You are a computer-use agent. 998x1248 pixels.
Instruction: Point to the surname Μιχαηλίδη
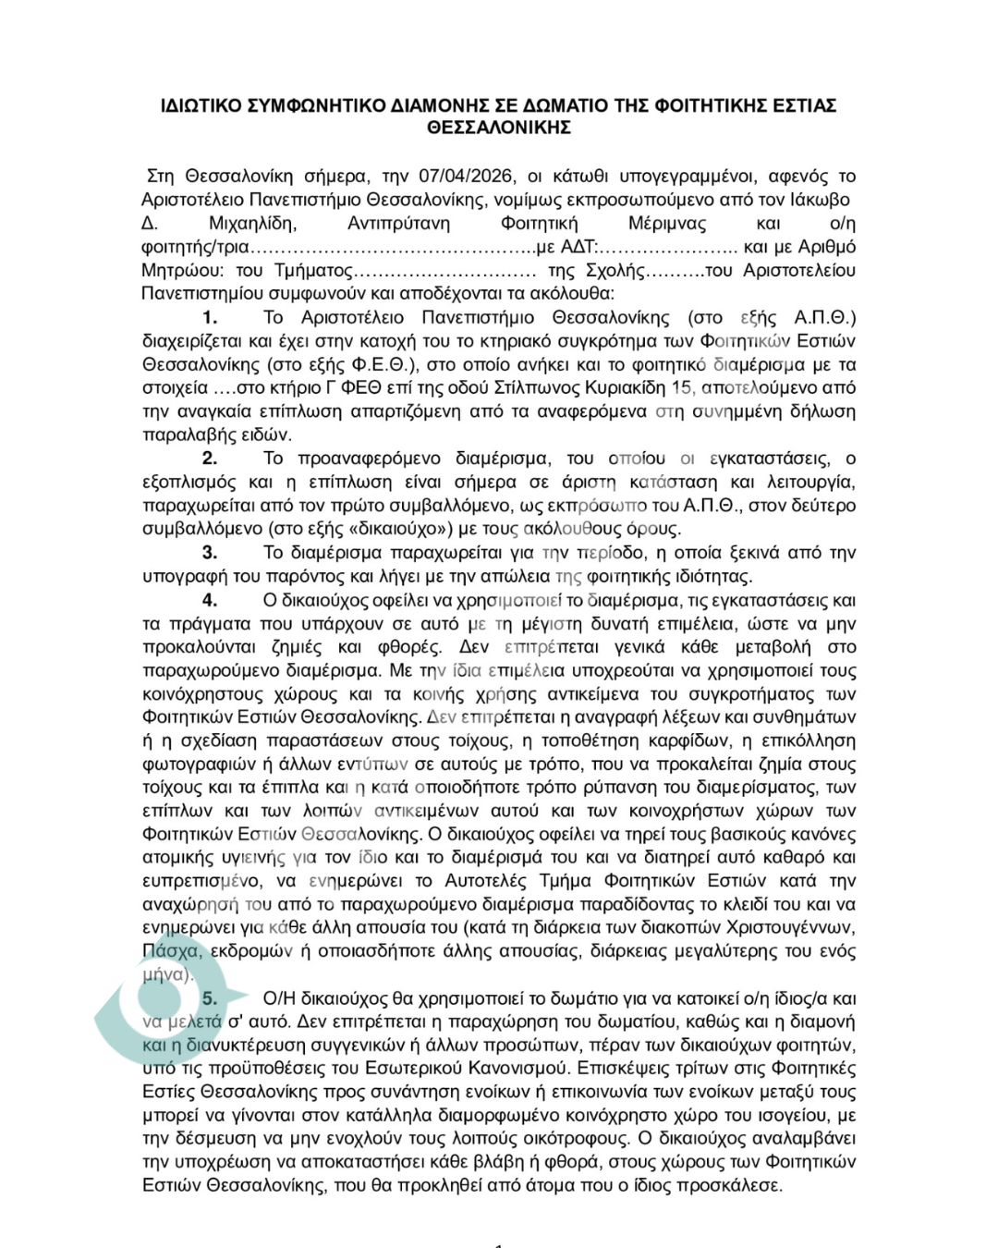[252, 223]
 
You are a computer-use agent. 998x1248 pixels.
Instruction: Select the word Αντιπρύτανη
[398, 223]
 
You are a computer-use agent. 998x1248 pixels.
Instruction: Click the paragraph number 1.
[211, 317]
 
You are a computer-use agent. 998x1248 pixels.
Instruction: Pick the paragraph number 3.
[211, 553]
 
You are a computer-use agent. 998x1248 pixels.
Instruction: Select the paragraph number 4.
[211, 600]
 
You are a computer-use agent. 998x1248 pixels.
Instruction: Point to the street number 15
[682, 387]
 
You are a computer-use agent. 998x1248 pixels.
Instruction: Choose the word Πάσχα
[171, 951]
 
